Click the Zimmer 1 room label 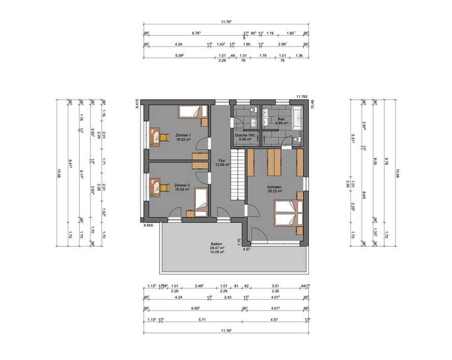(x=183, y=137)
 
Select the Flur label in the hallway (x=220, y=161)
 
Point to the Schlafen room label (x=274, y=188)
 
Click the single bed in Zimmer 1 (x=191, y=112)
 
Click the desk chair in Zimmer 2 (x=165, y=186)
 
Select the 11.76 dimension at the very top (x=226, y=22)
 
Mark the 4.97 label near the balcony (x=247, y=249)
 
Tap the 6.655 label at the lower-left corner (x=148, y=225)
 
